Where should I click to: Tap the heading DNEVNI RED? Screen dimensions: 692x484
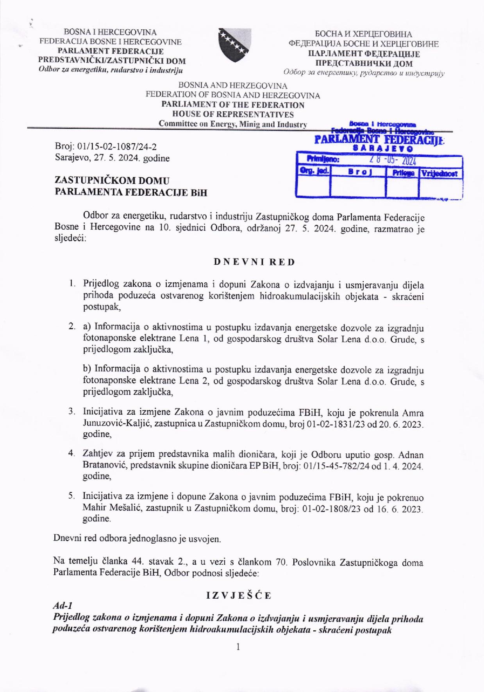click(254, 262)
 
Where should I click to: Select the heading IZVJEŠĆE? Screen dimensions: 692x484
click(239, 596)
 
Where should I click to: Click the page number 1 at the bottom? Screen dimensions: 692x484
click(238, 647)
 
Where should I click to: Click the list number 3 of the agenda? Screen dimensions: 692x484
click(71, 411)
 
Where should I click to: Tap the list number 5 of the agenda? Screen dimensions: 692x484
click(71, 496)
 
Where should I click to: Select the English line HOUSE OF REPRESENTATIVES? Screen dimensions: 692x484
click(233, 114)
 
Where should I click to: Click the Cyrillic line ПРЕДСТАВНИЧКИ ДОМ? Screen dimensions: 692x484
click(364, 63)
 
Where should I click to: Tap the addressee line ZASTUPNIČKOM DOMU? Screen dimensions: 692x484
click(112, 180)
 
